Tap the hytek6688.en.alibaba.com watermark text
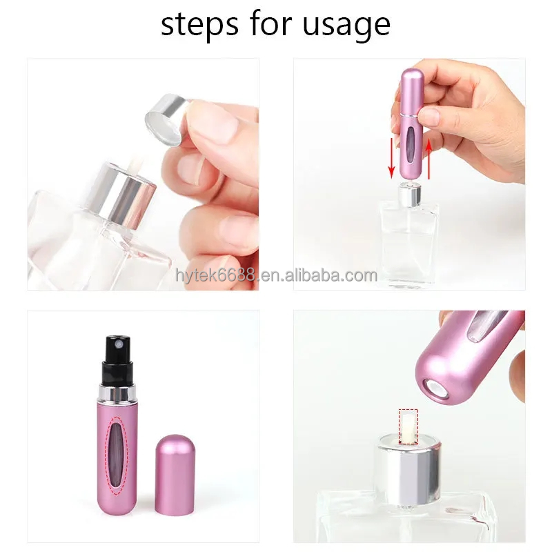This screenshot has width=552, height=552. (276, 276)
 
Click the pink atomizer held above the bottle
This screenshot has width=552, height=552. (411, 124)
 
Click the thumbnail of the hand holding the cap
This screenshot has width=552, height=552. (144, 174)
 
